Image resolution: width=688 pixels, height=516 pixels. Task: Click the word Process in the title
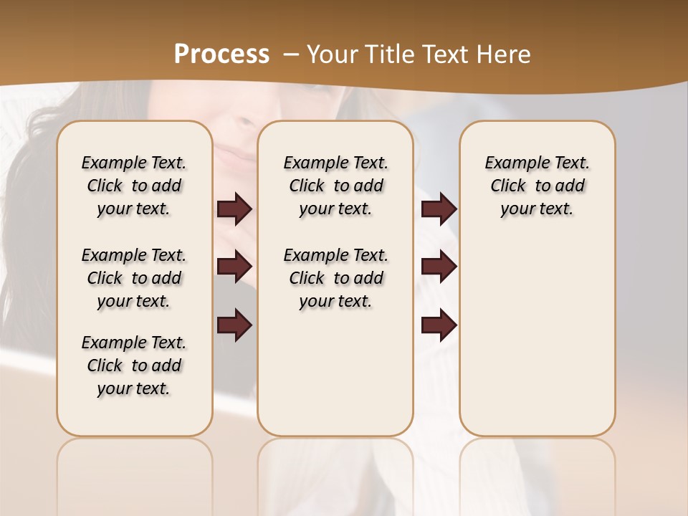[x=221, y=54]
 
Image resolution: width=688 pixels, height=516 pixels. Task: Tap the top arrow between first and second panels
[x=235, y=209]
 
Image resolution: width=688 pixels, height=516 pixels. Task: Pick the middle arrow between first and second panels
[x=235, y=267]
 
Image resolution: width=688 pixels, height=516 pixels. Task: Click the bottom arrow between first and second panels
[x=235, y=325]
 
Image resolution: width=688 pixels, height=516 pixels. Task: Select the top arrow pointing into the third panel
[x=439, y=209]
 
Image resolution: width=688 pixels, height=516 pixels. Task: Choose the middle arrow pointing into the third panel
[x=439, y=267]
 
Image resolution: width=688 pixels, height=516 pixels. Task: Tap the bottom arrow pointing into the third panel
[x=439, y=325]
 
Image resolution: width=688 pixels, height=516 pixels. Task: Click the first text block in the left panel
[x=134, y=186]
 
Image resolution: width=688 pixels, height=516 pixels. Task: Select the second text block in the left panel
[x=134, y=278]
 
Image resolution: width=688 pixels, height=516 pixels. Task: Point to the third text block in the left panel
[x=134, y=365]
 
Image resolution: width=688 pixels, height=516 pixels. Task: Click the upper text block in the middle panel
[x=335, y=186]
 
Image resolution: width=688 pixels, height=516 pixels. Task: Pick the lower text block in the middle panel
[x=335, y=278]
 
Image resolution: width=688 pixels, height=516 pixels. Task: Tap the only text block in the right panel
[x=537, y=186]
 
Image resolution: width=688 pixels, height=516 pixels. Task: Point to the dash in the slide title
[x=291, y=54]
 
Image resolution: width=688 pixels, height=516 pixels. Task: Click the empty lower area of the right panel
[x=537, y=344]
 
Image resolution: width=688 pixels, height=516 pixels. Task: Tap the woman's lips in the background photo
[x=233, y=153]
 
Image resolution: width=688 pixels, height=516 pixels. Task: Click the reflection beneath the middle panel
[x=335, y=473]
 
